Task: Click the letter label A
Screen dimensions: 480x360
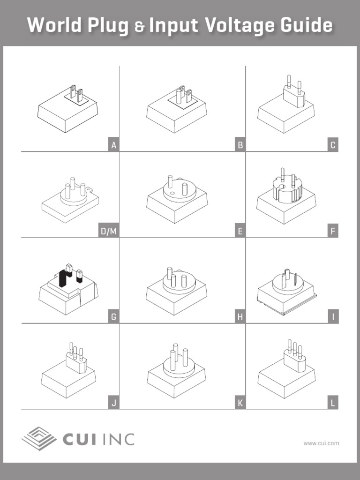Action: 113,145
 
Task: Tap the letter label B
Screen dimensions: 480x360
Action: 240,145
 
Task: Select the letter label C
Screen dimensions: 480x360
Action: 333,145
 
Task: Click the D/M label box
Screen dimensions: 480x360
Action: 108,231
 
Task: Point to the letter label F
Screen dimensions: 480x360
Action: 333,231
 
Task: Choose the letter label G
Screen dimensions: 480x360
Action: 113,317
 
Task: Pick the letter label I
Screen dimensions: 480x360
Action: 333,317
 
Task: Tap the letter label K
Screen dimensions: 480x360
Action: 240,403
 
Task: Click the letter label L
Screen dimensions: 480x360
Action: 333,403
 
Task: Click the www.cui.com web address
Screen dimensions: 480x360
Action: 321,443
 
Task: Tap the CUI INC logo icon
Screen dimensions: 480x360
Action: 39,439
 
